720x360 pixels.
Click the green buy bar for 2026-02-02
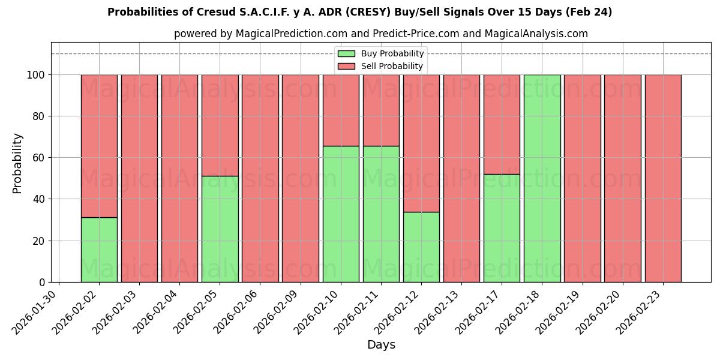point(99,250)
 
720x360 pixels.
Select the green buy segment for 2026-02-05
point(220,229)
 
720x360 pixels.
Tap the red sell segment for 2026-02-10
point(341,110)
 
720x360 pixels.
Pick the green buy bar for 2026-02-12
point(421,247)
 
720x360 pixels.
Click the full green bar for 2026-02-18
point(542,178)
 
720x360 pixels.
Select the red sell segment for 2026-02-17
point(502,124)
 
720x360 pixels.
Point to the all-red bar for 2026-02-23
point(662,178)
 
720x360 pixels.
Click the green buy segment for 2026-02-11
point(381,214)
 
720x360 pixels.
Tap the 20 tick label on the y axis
point(38,241)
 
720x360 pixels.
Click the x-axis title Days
point(381,345)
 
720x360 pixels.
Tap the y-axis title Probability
point(17,163)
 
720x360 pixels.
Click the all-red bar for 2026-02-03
point(139,178)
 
